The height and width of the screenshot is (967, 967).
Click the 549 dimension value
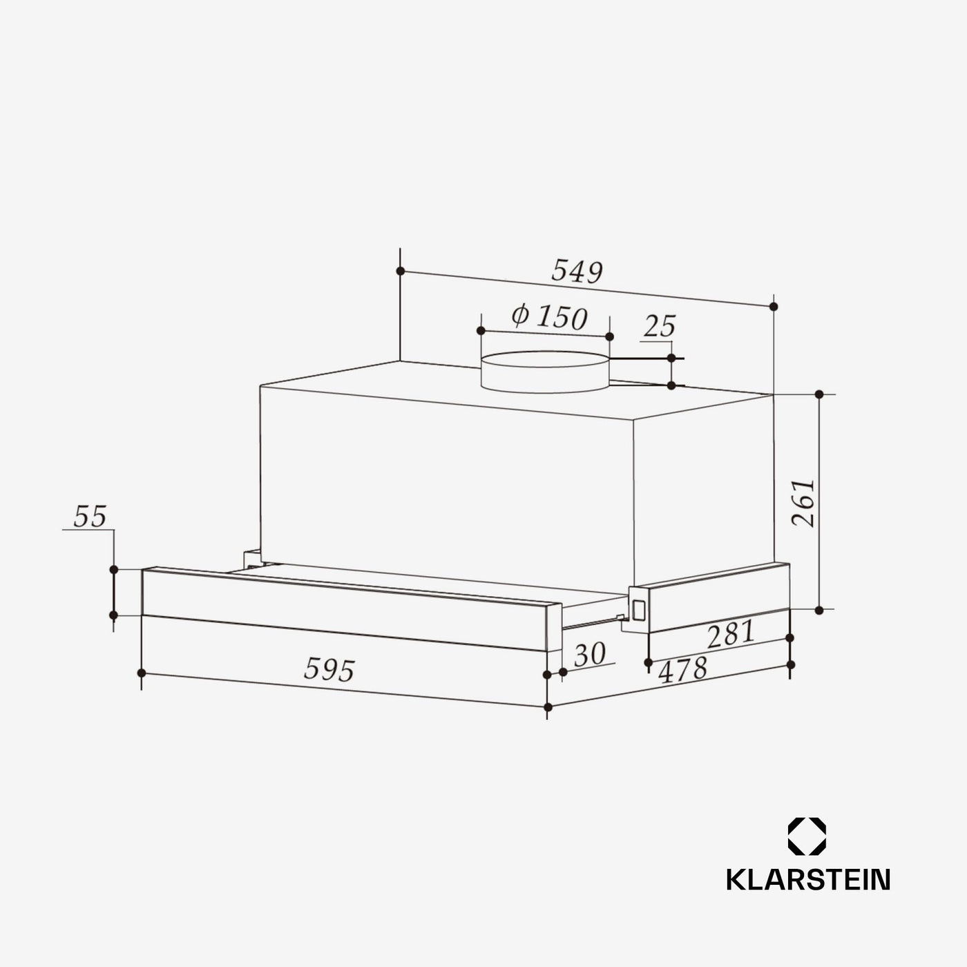point(577,272)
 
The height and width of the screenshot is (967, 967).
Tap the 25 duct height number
point(659,327)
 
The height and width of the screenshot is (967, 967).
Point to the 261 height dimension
point(803,503)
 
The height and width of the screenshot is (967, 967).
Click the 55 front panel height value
point(90,517)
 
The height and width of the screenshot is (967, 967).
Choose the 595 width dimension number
point(329,669)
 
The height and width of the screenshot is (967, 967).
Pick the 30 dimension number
point(589,654)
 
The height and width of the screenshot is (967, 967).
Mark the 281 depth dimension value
point(731,633)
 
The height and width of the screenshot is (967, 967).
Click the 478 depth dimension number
point(683,669)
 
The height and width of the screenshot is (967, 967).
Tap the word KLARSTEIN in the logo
point(807,879)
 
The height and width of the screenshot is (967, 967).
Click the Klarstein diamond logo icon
point(807,836)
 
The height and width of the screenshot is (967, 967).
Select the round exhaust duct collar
point(546,372)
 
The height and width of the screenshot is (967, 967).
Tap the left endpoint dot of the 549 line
point(400,271)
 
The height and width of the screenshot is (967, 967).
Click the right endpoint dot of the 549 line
point(774,306)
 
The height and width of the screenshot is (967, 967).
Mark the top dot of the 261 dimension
point(819,394)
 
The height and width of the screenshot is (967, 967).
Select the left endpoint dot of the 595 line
point(142,672)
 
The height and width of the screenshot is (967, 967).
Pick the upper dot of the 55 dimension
point(113,569)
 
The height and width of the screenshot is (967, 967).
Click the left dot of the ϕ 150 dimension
point(481,331)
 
